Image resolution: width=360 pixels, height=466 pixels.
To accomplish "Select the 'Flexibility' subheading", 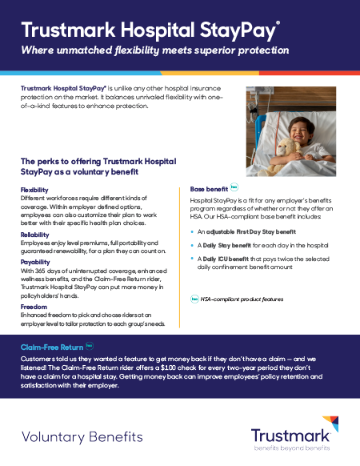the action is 34,190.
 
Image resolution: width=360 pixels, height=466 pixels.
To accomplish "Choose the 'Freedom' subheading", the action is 33,307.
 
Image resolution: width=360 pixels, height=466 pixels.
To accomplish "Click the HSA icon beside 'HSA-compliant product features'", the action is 194,299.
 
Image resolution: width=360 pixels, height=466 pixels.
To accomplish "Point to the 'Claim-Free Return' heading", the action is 52,347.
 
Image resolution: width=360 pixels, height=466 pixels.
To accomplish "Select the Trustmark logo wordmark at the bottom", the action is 290,435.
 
